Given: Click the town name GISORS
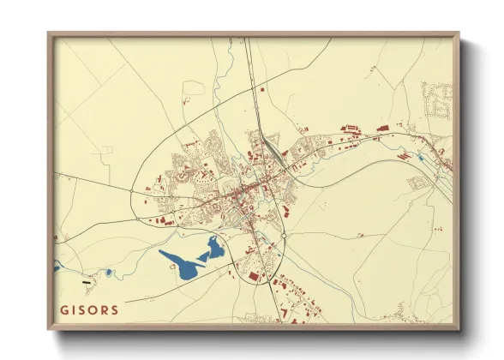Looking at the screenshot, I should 89,309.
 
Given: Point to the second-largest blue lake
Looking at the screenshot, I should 213,249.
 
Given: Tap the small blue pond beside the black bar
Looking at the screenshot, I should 109,273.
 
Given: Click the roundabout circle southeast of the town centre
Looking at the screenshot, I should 283,236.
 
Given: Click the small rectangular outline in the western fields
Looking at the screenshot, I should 105,149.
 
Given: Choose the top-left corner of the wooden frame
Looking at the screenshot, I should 50,34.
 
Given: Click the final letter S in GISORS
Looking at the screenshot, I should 115,309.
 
